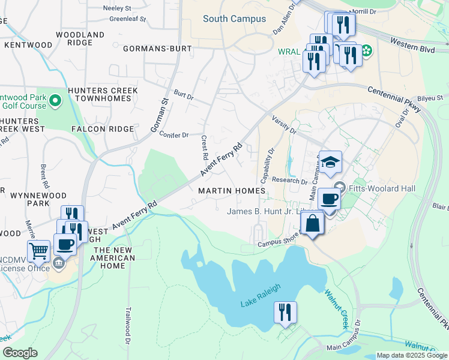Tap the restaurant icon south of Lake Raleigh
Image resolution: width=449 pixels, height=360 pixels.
[285, 313]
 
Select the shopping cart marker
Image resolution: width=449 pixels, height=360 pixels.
[38, 251]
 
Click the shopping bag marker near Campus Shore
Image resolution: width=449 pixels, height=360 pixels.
[312, 224]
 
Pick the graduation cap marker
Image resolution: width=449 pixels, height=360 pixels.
[330, 163]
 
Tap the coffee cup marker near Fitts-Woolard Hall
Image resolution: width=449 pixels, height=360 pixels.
[329, 199]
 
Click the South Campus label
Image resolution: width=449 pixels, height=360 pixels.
[234, 19]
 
